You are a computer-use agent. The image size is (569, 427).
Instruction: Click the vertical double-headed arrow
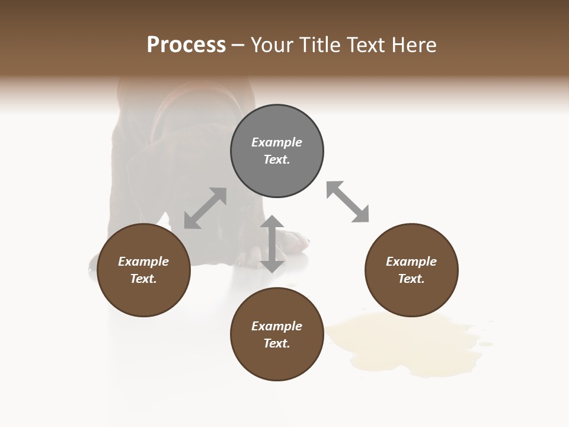tap(272, 244)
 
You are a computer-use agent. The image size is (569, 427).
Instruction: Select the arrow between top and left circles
tap(205, 208)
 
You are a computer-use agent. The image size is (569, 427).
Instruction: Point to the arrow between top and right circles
tap(347, 202)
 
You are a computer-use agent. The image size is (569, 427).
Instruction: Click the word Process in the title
tap(186, 44)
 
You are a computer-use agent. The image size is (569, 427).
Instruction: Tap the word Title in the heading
tap(318, 44)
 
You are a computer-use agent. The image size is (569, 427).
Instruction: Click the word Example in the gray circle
tap(277, 142)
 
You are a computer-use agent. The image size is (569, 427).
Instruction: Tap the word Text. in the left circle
tap(143, 279)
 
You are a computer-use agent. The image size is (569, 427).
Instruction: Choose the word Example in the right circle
tap(411, 262)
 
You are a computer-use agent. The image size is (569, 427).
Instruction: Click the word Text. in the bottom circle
tap(277, 343)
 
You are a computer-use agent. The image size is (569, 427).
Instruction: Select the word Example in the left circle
tap(143, 262)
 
